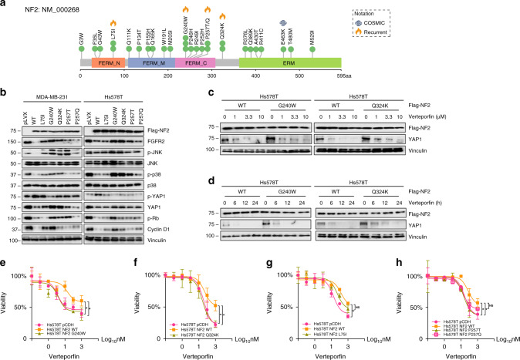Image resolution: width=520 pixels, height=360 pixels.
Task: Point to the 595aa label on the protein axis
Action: (328, 77)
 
